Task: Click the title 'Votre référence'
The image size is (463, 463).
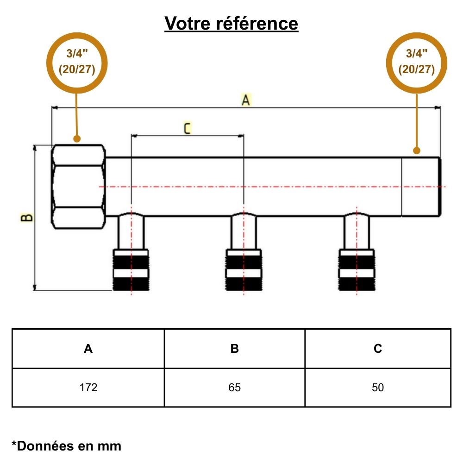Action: point(231,23)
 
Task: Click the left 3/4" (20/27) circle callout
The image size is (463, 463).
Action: point(77,63)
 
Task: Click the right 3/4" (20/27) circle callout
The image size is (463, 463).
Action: point(417,63)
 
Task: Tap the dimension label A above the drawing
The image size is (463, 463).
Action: point(245,100)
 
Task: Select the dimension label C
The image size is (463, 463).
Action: point(187,128)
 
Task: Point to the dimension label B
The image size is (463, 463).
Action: point(27,217)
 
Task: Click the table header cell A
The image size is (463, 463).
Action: point(88,349)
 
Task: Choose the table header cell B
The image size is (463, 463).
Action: point(235,349)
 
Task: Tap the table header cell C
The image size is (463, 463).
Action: point(378,349)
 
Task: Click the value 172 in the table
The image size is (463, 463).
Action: point(88,388)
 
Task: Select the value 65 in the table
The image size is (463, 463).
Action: point(235,388)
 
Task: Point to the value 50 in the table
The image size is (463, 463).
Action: point(378,388)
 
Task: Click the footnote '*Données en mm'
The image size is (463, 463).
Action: point(66,446)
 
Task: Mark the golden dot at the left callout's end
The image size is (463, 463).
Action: point(77,138)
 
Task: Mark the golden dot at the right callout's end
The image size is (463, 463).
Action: point(417,150)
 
